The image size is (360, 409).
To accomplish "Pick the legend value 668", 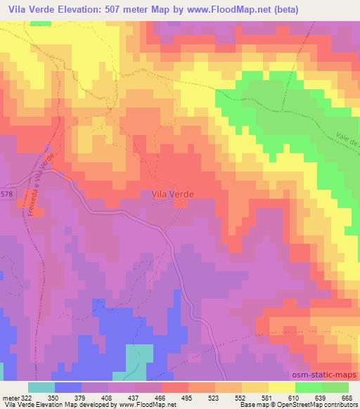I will point(346,397).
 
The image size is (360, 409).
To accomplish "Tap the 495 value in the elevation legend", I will point(187,397).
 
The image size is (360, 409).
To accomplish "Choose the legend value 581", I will point(266,397).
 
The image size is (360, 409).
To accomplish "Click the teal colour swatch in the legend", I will point(41,387).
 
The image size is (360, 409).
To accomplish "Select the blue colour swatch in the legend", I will point(68,387).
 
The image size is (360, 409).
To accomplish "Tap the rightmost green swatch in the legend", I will point(335,387).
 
